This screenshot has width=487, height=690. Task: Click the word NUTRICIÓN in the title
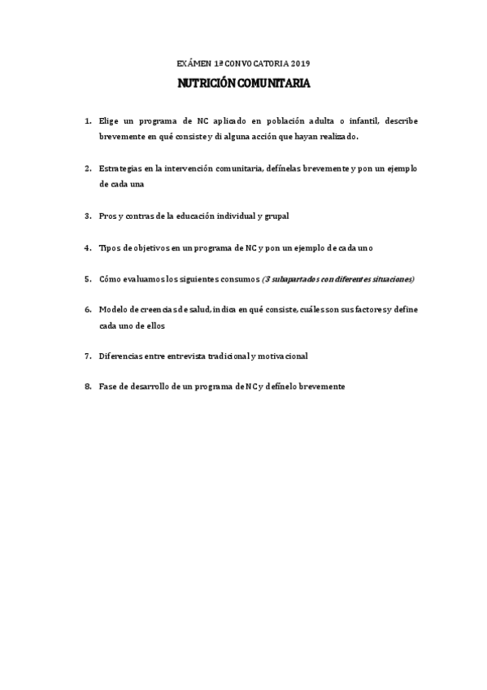[207, 83]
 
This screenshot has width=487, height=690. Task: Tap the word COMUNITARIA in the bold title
[273, 83]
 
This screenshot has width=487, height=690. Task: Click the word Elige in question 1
[108, 120]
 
